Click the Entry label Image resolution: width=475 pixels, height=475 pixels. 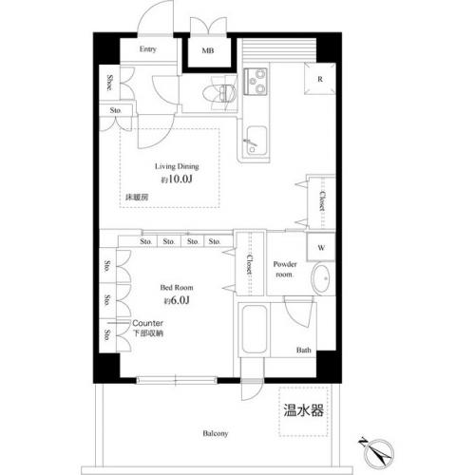(x=147, y=49)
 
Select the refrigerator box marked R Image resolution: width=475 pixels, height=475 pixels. (x=320, y=80)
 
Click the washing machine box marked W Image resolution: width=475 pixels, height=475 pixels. (x=320, y=247)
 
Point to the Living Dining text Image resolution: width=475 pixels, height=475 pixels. (x=178, y=165)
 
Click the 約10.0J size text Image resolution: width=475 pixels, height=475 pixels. (x=177, y=178)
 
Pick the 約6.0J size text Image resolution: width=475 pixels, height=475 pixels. (x=177, y=300)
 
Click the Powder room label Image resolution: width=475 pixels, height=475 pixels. (x=285, y=268)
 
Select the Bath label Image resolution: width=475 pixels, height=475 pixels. (x=303, y=351)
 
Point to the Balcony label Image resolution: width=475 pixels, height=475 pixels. (x=214, y=434)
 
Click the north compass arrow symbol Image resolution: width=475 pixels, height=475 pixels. (x=371, y=446)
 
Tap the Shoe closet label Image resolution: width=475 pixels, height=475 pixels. (x=110, y=84)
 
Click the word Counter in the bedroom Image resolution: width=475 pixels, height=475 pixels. (x=148, y=323)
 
